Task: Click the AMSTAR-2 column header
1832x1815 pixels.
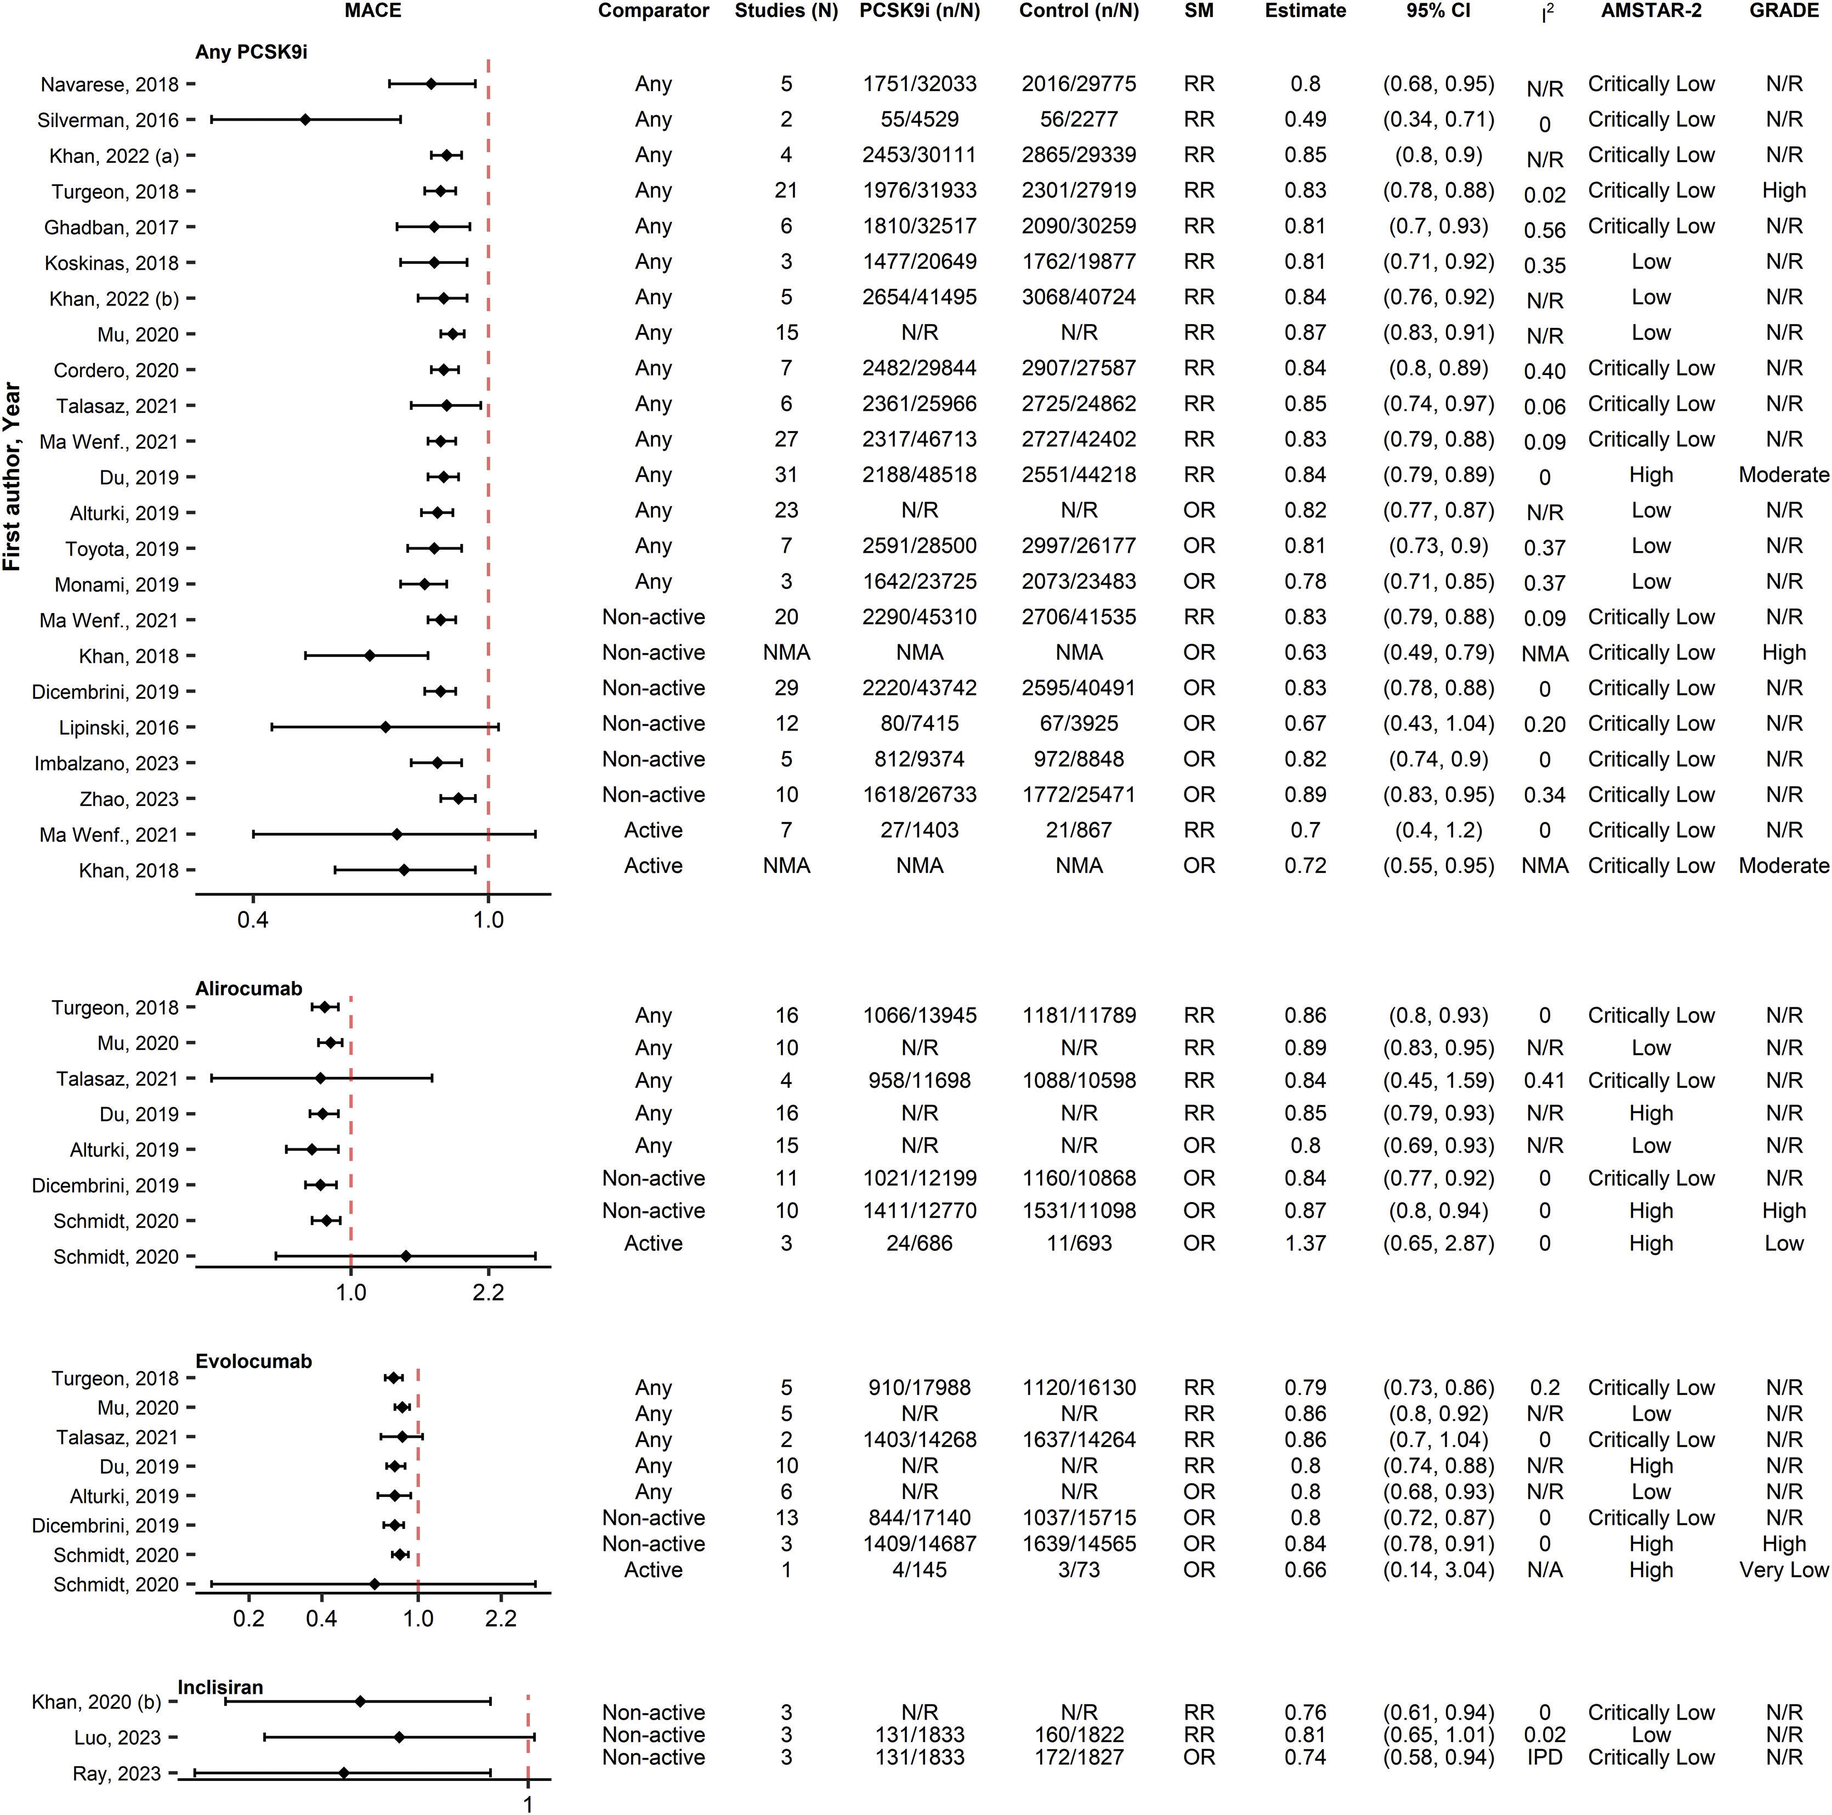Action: coord(1651,12)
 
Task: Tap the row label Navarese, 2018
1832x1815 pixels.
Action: coord(109,84)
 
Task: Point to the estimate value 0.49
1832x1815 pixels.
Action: coord(1305,120)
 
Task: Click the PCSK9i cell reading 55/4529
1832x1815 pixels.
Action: coord(919,120)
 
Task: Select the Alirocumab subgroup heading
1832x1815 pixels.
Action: coord(248,988)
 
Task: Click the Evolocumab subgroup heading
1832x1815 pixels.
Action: coord(253,1361)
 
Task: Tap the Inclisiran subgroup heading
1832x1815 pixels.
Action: coord(220,1687)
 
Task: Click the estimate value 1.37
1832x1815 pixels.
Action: coord(1305,1243)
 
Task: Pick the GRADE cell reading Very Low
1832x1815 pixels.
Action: coord(1783,1569)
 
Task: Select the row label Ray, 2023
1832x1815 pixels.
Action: coord(117,1773)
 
